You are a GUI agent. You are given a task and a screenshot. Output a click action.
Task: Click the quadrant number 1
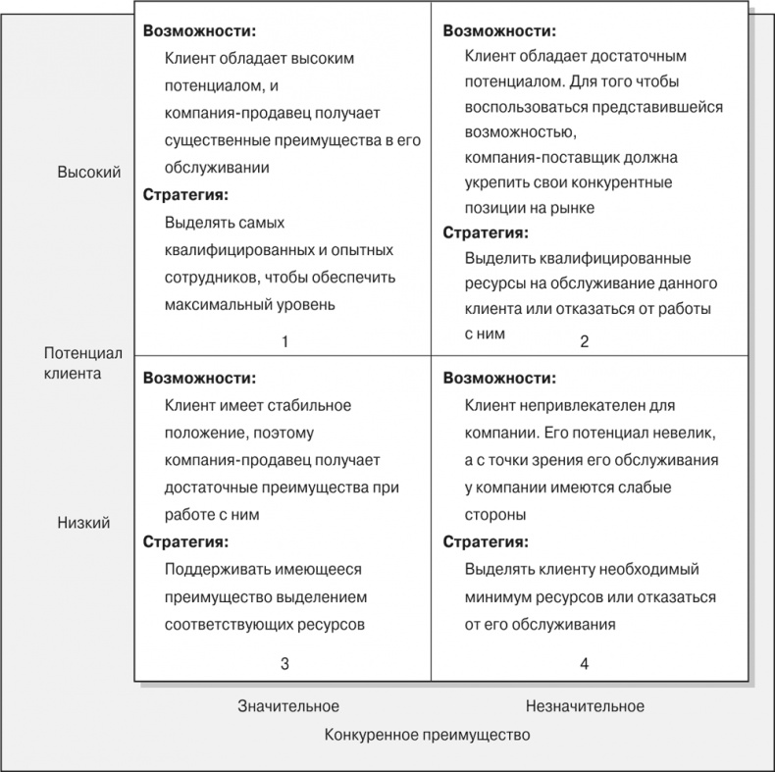coord(284,342)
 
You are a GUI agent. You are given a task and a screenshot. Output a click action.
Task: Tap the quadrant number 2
coord(584,342)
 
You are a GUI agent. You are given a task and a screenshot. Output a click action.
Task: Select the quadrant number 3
coord(284,664)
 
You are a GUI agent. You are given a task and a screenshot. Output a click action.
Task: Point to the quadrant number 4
coord(584,664)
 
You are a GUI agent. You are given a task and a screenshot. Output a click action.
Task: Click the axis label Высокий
coord(89,173)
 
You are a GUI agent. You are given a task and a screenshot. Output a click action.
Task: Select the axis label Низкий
coord(83,523)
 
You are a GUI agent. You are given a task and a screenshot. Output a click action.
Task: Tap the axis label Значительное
coord(288,706)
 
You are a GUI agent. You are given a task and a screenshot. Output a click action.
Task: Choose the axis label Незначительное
coord(585,706)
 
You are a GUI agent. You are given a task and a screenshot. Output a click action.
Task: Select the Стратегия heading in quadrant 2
coord(486,233)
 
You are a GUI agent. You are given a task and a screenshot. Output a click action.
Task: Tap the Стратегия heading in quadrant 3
coord(185,541)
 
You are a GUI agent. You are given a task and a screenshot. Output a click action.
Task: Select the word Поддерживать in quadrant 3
coord(213,569)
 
